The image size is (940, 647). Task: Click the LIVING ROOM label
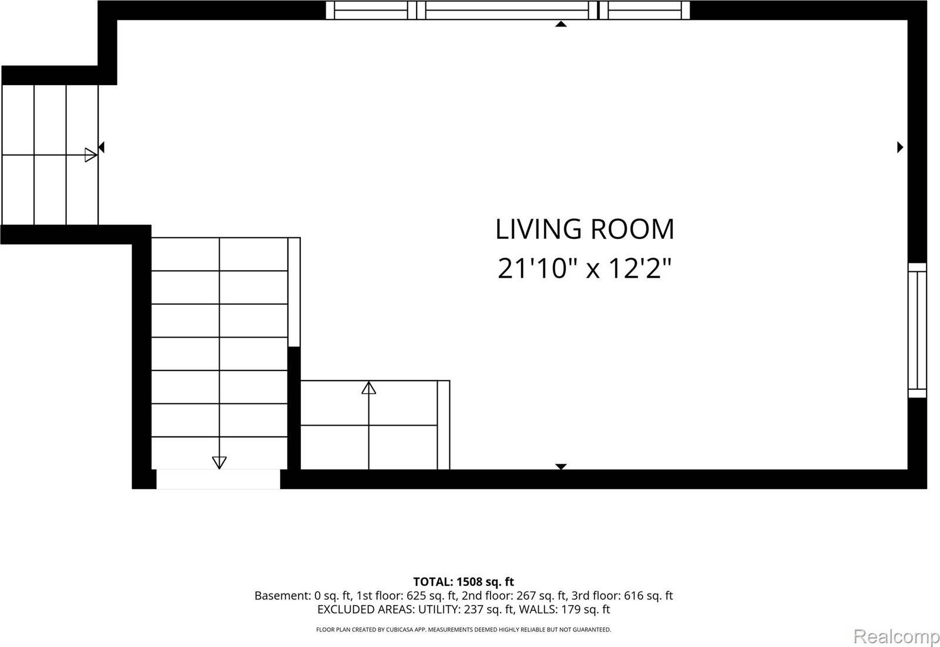click(x=585, y=229)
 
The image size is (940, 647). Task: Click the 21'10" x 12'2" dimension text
click(x=584, y=269)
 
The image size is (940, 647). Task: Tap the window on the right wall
click(x=917, y=330)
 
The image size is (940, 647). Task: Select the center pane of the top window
click(x=507, y=10)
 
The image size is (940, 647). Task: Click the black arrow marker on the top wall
click(x=561, y=24)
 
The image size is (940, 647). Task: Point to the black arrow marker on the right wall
click(x=899, y=147)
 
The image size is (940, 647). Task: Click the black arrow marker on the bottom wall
click(x=561, y=466)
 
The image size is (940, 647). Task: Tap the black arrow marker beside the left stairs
click(x=101, y=147)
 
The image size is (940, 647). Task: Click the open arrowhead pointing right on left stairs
click(x=90, y=155)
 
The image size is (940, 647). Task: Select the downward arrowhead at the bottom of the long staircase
click(x=219, y=462)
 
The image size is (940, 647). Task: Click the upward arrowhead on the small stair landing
click(x=368, y=387)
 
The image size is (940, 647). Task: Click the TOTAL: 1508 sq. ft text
click(x=464, y=582)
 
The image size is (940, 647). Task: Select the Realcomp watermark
click(x=896, y=636)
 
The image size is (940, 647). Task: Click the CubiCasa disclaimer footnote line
click(x=464, y=629)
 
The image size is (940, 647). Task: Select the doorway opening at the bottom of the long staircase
click(x=218, y=478)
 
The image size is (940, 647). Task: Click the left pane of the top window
click(x=370, y=10)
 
